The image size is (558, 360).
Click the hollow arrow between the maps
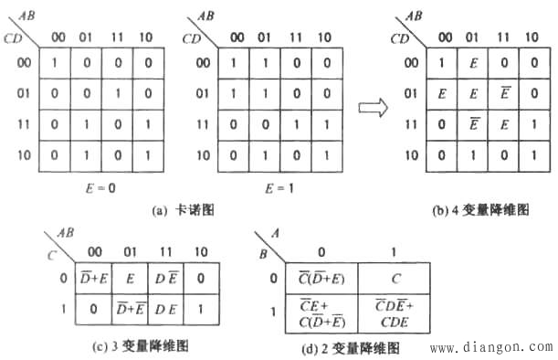[x=370, y=107]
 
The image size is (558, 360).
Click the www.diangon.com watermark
[x=490, y=346]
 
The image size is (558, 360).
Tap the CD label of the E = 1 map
[x=193, y=38]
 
